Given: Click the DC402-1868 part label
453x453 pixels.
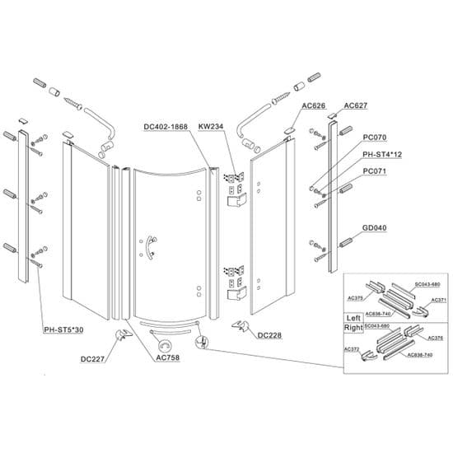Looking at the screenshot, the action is pyautogui.click(x=166, y=127).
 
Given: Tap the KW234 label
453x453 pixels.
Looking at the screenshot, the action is pyautogui.click(x=212, y=127).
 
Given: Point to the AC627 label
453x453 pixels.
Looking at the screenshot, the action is pyautogui.click(x=356, y=105).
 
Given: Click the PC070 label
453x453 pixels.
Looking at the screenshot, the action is pyautogui.click(x=376, y=138).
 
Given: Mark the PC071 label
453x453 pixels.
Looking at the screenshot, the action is pyautogui.click(x=376, y=170).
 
